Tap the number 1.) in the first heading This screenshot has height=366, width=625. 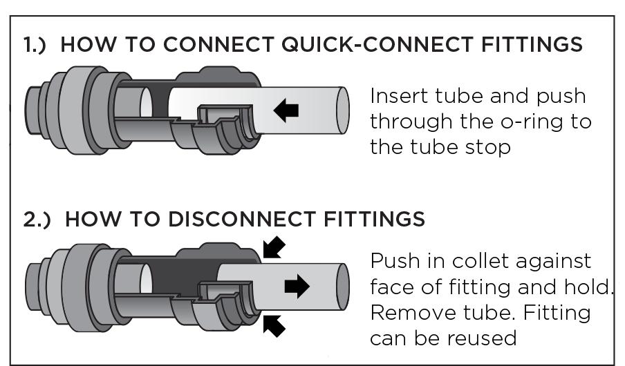pyautogui.click(x=37, y=46)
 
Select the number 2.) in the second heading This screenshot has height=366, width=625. pyautogui.click(x=38, y=219)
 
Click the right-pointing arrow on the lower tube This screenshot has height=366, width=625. pyautogui.click(x=297, y=286)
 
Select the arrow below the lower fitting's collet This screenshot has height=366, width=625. pyautogui.click(x=273, y=324)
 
